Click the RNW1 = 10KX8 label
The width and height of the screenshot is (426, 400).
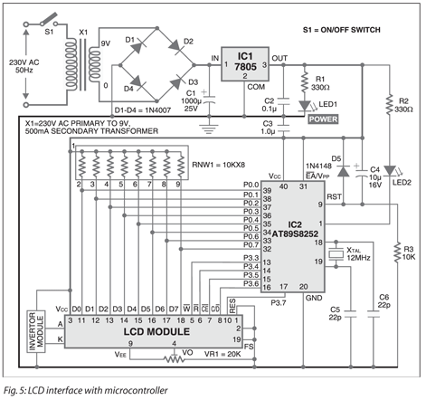pos(213,166)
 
